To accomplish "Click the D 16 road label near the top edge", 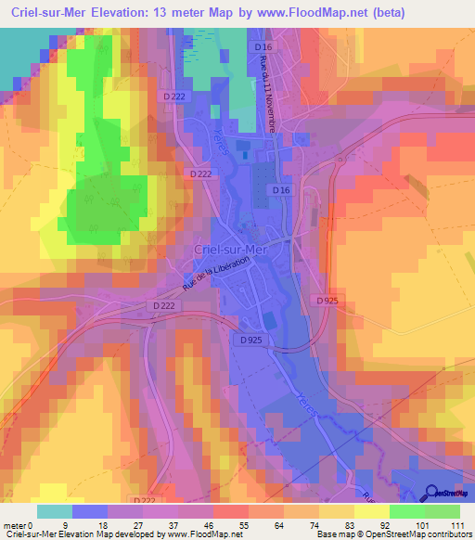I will pyautogui.click(x=266, y=45).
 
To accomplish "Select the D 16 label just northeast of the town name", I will pyautogui.click(x=282, y=189).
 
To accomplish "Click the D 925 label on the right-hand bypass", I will pyautogui.click(x=326, y=300).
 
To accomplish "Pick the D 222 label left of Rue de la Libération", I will pyautogui.click(x=162, y=304).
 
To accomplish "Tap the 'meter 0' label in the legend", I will pyautogui.click(x=20, y=525).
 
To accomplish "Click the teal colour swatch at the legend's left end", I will pyautogui.click(x=55, y=511).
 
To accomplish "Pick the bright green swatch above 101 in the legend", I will pyautogui.click(x=407, y=511).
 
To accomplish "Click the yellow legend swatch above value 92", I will pyautogui.click(x=372, y=511).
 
